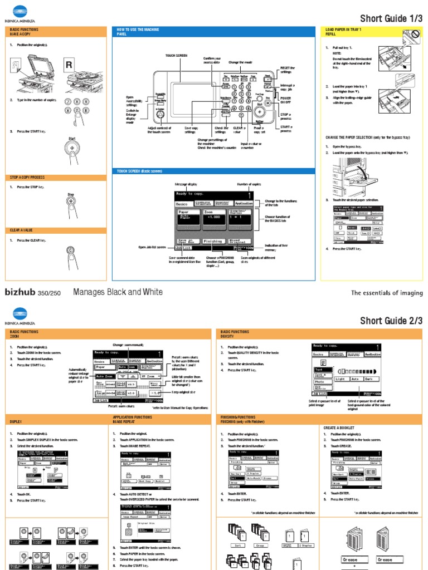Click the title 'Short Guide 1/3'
click(391, 18)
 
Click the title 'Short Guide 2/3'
click(391, 320)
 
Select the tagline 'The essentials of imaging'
click(387, 293)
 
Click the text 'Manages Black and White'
click(118, 292)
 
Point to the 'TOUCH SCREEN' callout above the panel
click(176, 56)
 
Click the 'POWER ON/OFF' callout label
click(285, 100)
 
